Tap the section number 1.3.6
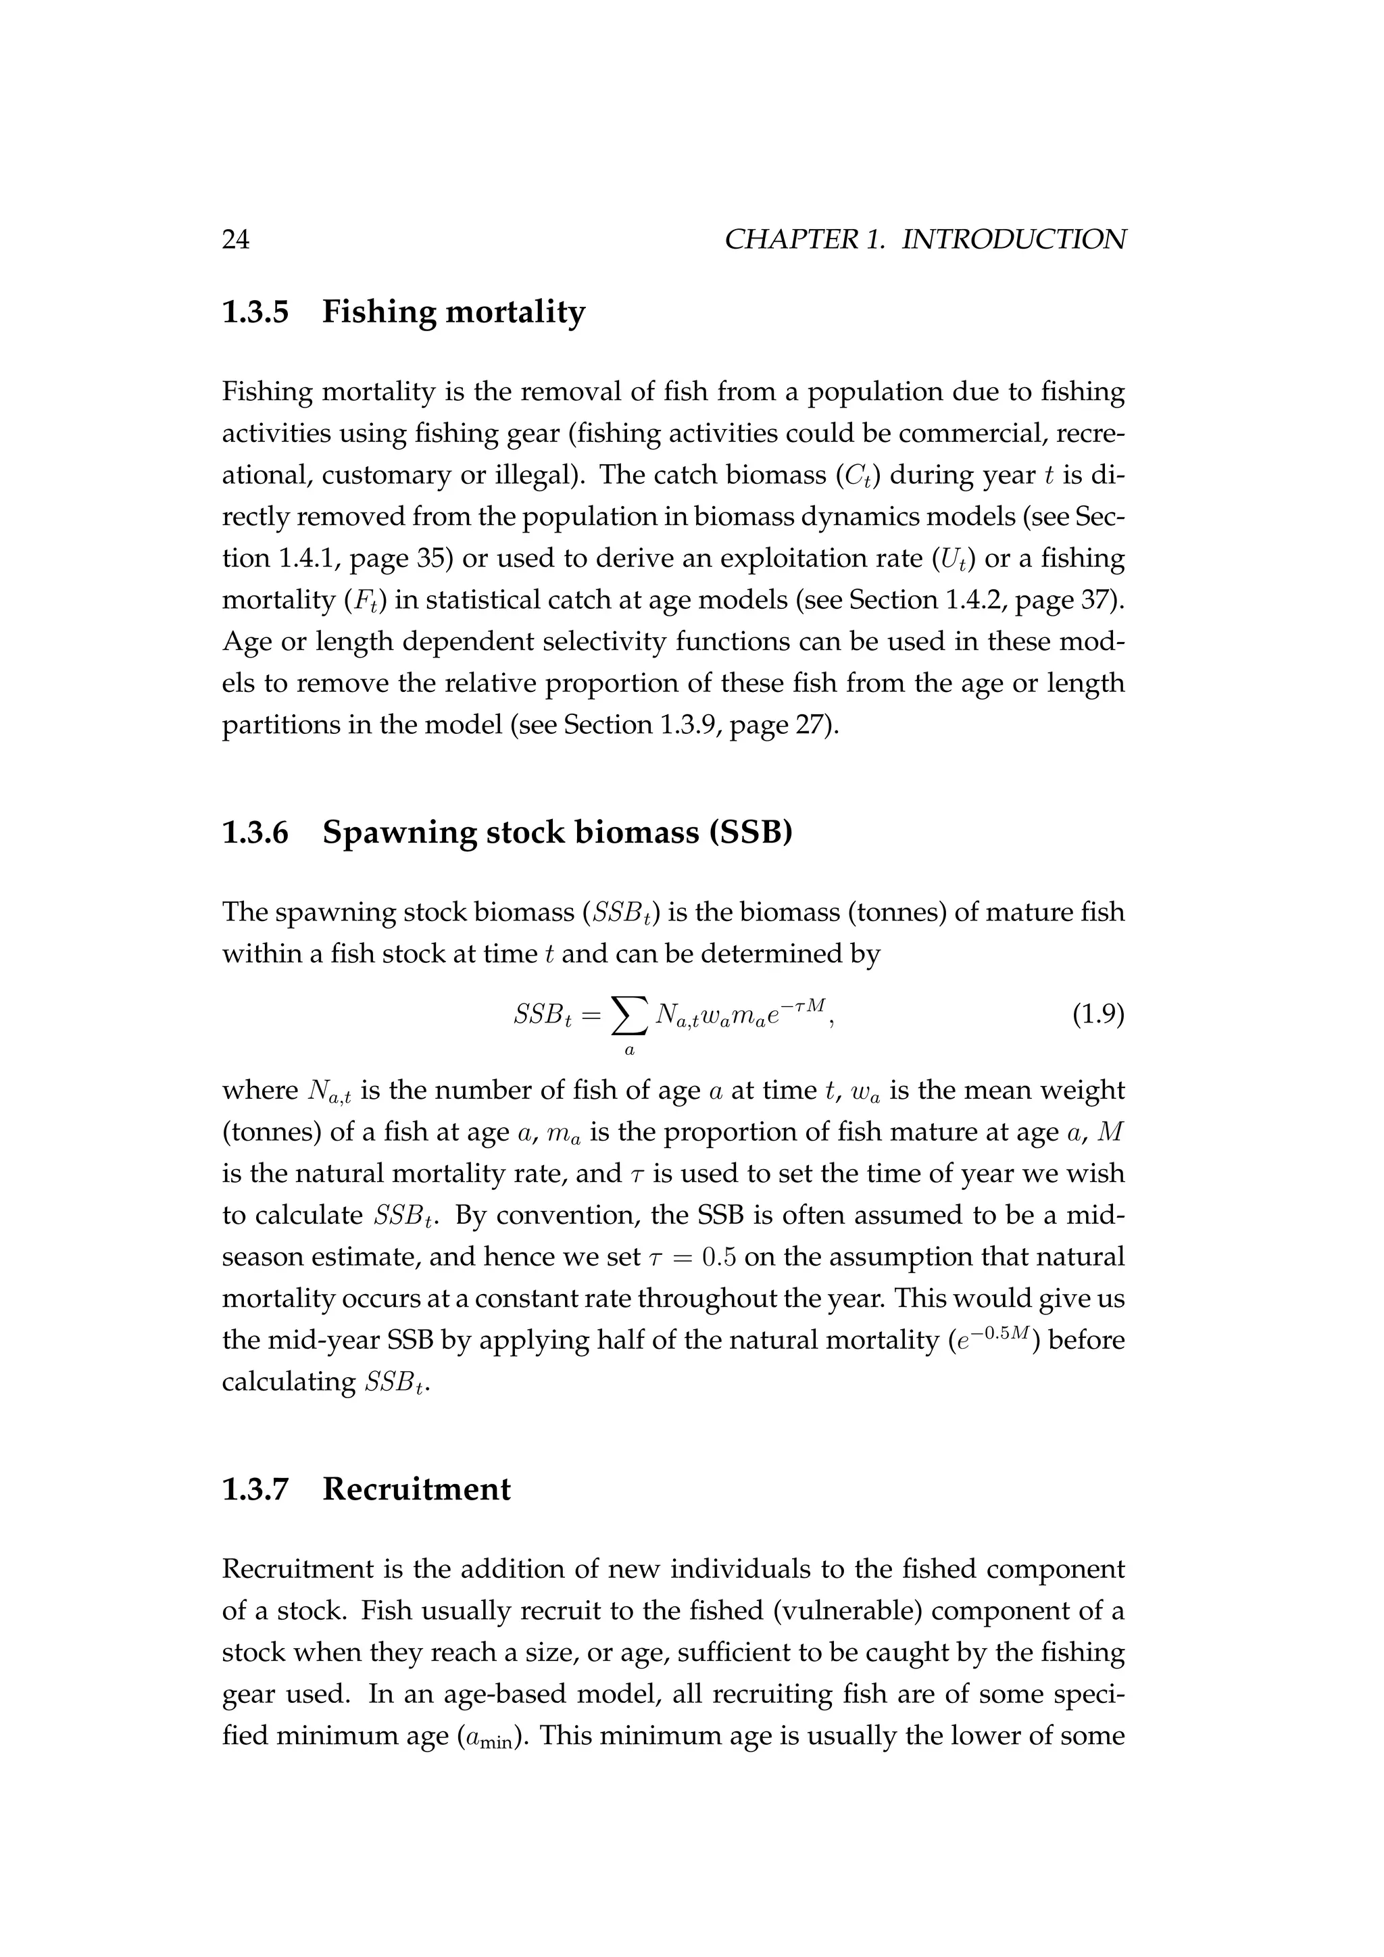tap(255, 832)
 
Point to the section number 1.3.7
tap(255, 1489)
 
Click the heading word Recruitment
tap(417, 1489)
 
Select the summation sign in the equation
tap(629, 1014)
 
